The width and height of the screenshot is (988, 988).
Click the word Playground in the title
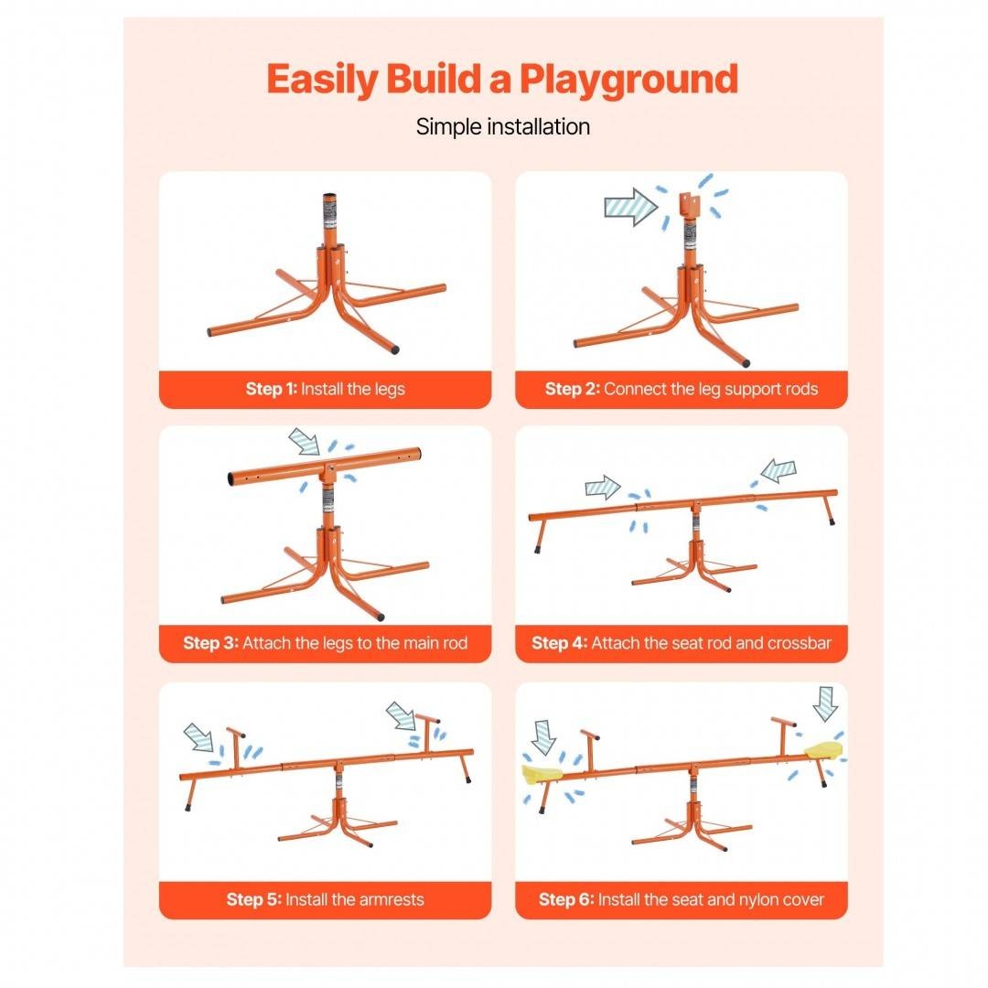[628, 81]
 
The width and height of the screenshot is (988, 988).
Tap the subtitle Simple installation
[503, 126]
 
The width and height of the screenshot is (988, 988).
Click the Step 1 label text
[325, 389]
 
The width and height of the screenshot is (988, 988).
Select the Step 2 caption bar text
[682, 389]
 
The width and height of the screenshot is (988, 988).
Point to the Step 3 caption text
[325, 643]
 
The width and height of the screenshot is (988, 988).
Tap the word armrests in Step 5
[386, 899]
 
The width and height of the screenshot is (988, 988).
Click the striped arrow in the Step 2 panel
[630, 207]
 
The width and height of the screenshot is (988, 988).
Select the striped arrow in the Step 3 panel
[305, 441]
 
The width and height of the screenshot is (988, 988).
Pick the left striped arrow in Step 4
[603, 487]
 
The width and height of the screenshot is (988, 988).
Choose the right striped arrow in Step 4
[779, 470]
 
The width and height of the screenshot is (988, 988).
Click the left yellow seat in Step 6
[542, 775]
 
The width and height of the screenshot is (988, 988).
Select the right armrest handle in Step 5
[427, 734]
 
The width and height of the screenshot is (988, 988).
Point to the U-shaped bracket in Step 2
[690, 206]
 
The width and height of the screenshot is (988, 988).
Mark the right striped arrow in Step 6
[825, 703]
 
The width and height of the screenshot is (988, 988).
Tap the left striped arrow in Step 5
[199, 736]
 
